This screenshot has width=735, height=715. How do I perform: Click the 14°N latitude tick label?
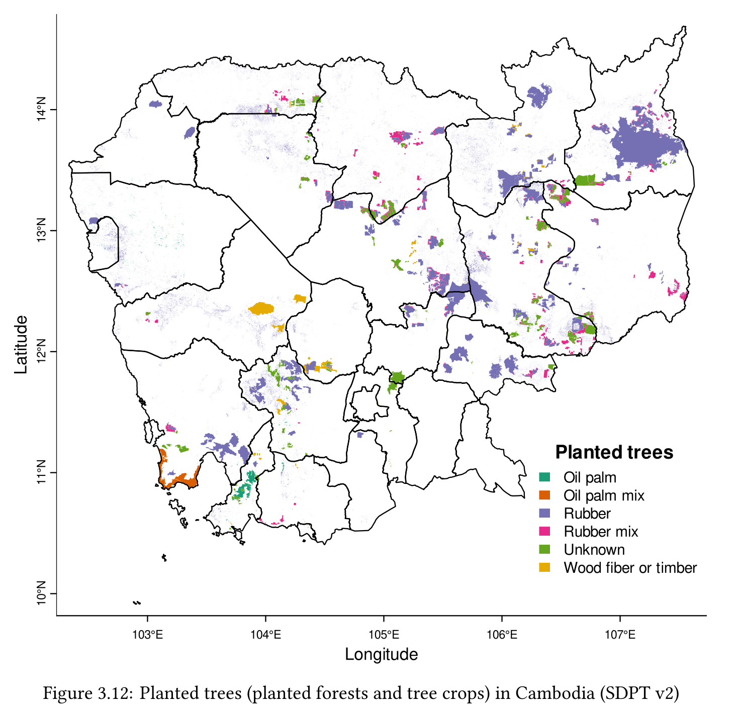tap(41, 110)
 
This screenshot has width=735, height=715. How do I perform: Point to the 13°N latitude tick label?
tap(41, 231)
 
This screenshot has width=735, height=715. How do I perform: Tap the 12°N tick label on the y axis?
tap(41, 351)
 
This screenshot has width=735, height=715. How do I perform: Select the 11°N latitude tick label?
tap(41, 472)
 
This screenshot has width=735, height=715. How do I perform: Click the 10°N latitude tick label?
tap(41, 593)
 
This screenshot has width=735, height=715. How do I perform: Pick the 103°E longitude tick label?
tap(147, 635)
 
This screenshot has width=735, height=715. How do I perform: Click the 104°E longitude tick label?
tap(265, 635)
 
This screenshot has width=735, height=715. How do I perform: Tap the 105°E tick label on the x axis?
tap(384, 635)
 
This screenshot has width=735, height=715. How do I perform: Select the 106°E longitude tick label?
tap(502, 635)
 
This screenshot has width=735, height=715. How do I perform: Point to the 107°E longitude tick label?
tap(620, 635)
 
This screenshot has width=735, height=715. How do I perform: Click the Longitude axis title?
tap(381, 654)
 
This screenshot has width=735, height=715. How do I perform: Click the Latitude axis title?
tap(21, 345)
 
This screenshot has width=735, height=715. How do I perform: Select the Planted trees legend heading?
tap(614, 452)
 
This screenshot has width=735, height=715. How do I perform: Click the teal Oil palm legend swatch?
tap(544, 477)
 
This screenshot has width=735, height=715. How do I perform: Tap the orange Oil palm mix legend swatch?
tap(544, 495)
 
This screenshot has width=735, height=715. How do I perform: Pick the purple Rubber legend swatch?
tap(544, 513)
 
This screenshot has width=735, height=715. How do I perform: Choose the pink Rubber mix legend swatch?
tap(544, 531)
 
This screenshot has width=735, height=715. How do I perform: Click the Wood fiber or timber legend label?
tap(630, 568)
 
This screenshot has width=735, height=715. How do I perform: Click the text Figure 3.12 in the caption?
tap(87, 693)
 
